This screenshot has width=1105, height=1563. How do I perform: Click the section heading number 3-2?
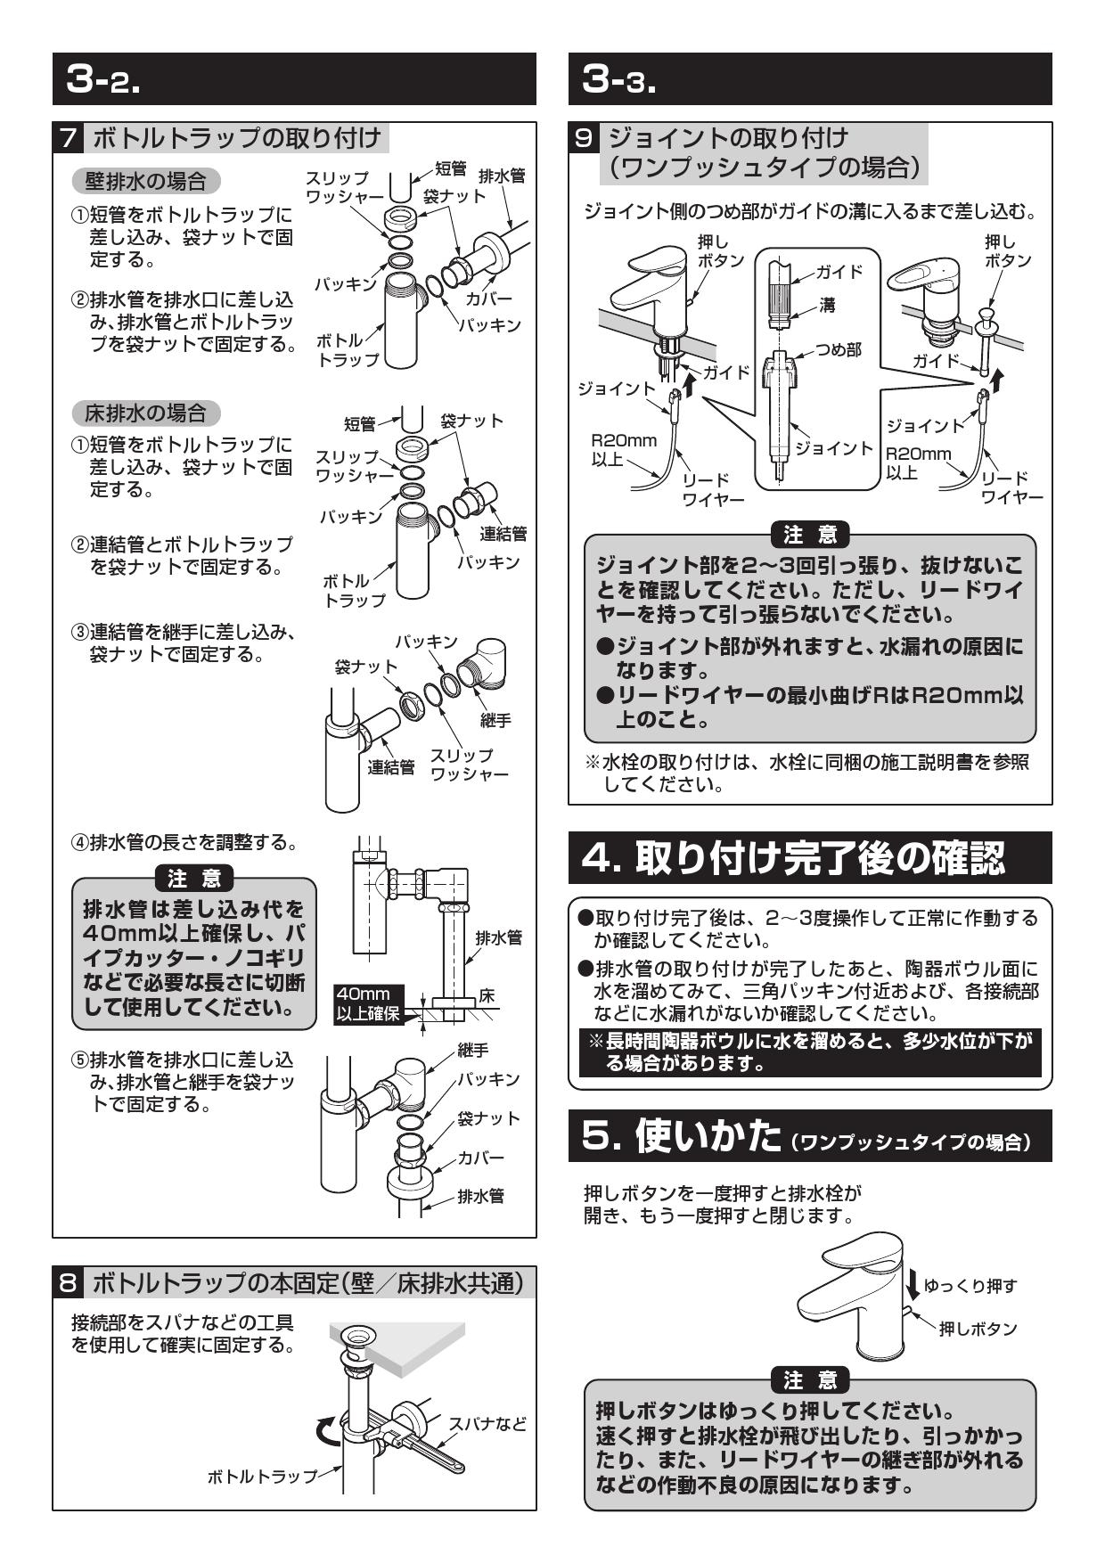coord(104,80)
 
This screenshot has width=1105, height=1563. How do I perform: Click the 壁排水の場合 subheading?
coord(144,182)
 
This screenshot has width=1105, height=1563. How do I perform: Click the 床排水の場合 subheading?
coord(144,413)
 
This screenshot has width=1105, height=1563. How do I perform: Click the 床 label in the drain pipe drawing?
coord(487,995)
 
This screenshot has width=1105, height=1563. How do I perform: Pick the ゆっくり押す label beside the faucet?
coord(970,1285)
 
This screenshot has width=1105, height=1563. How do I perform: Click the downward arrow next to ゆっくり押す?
coord(912,1285)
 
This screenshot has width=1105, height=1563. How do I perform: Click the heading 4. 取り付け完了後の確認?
coord(793,858)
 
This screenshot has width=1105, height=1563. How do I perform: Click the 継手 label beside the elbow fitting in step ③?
coord(495,720)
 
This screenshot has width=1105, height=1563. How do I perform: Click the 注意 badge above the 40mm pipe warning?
coord(194,878)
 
